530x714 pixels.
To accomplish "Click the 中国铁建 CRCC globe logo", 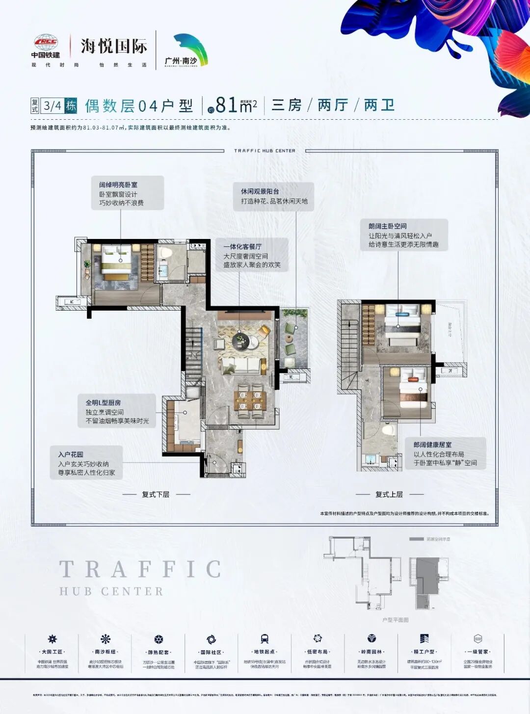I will [46, 42].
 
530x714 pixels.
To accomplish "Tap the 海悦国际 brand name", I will [114, 47].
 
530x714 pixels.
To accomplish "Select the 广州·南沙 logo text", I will [181, 61].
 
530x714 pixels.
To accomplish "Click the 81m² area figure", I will [236, 105].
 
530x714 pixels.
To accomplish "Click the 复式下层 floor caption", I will [156, 494].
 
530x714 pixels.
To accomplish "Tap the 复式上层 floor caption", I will [389, 494].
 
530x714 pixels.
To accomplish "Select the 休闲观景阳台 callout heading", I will [260, 191].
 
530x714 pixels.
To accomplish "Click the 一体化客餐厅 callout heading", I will [242, 246].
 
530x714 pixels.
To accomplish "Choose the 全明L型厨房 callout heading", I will [103, 402].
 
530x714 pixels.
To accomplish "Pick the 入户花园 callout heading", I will [71, 454].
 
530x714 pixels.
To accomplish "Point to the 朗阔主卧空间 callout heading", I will [387, 226].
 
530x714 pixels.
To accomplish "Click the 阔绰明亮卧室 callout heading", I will [118, 185].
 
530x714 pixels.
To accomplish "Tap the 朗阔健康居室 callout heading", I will [432, 445].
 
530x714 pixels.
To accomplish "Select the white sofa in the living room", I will [241, 365].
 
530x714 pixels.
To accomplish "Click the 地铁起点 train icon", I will [265, 638].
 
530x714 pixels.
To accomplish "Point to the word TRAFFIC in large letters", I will [140, 570].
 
